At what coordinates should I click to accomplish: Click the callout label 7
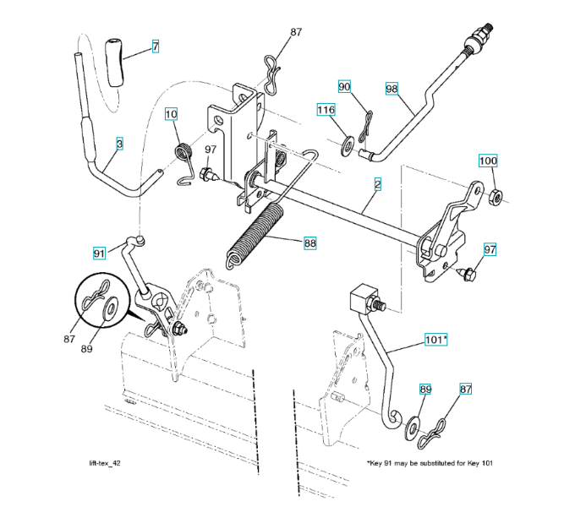(x=156, y=46)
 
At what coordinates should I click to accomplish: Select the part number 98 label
(x=392, y=88)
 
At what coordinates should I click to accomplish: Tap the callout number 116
(x=326, y=110)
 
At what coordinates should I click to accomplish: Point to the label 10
(x=171, y=114)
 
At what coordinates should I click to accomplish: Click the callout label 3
(x=119, y=144)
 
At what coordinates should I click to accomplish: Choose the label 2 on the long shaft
(x=376, y=183)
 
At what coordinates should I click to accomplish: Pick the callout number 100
(x=488, y=161)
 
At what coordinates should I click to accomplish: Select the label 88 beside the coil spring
(x=310, y=243)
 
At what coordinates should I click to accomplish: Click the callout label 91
(x=100, y=253)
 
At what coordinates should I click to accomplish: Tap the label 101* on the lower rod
(x=436, y=340)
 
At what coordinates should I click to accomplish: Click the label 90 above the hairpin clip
(x=344, y=86)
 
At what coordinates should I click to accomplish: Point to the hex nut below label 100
(x=496, y=197)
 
